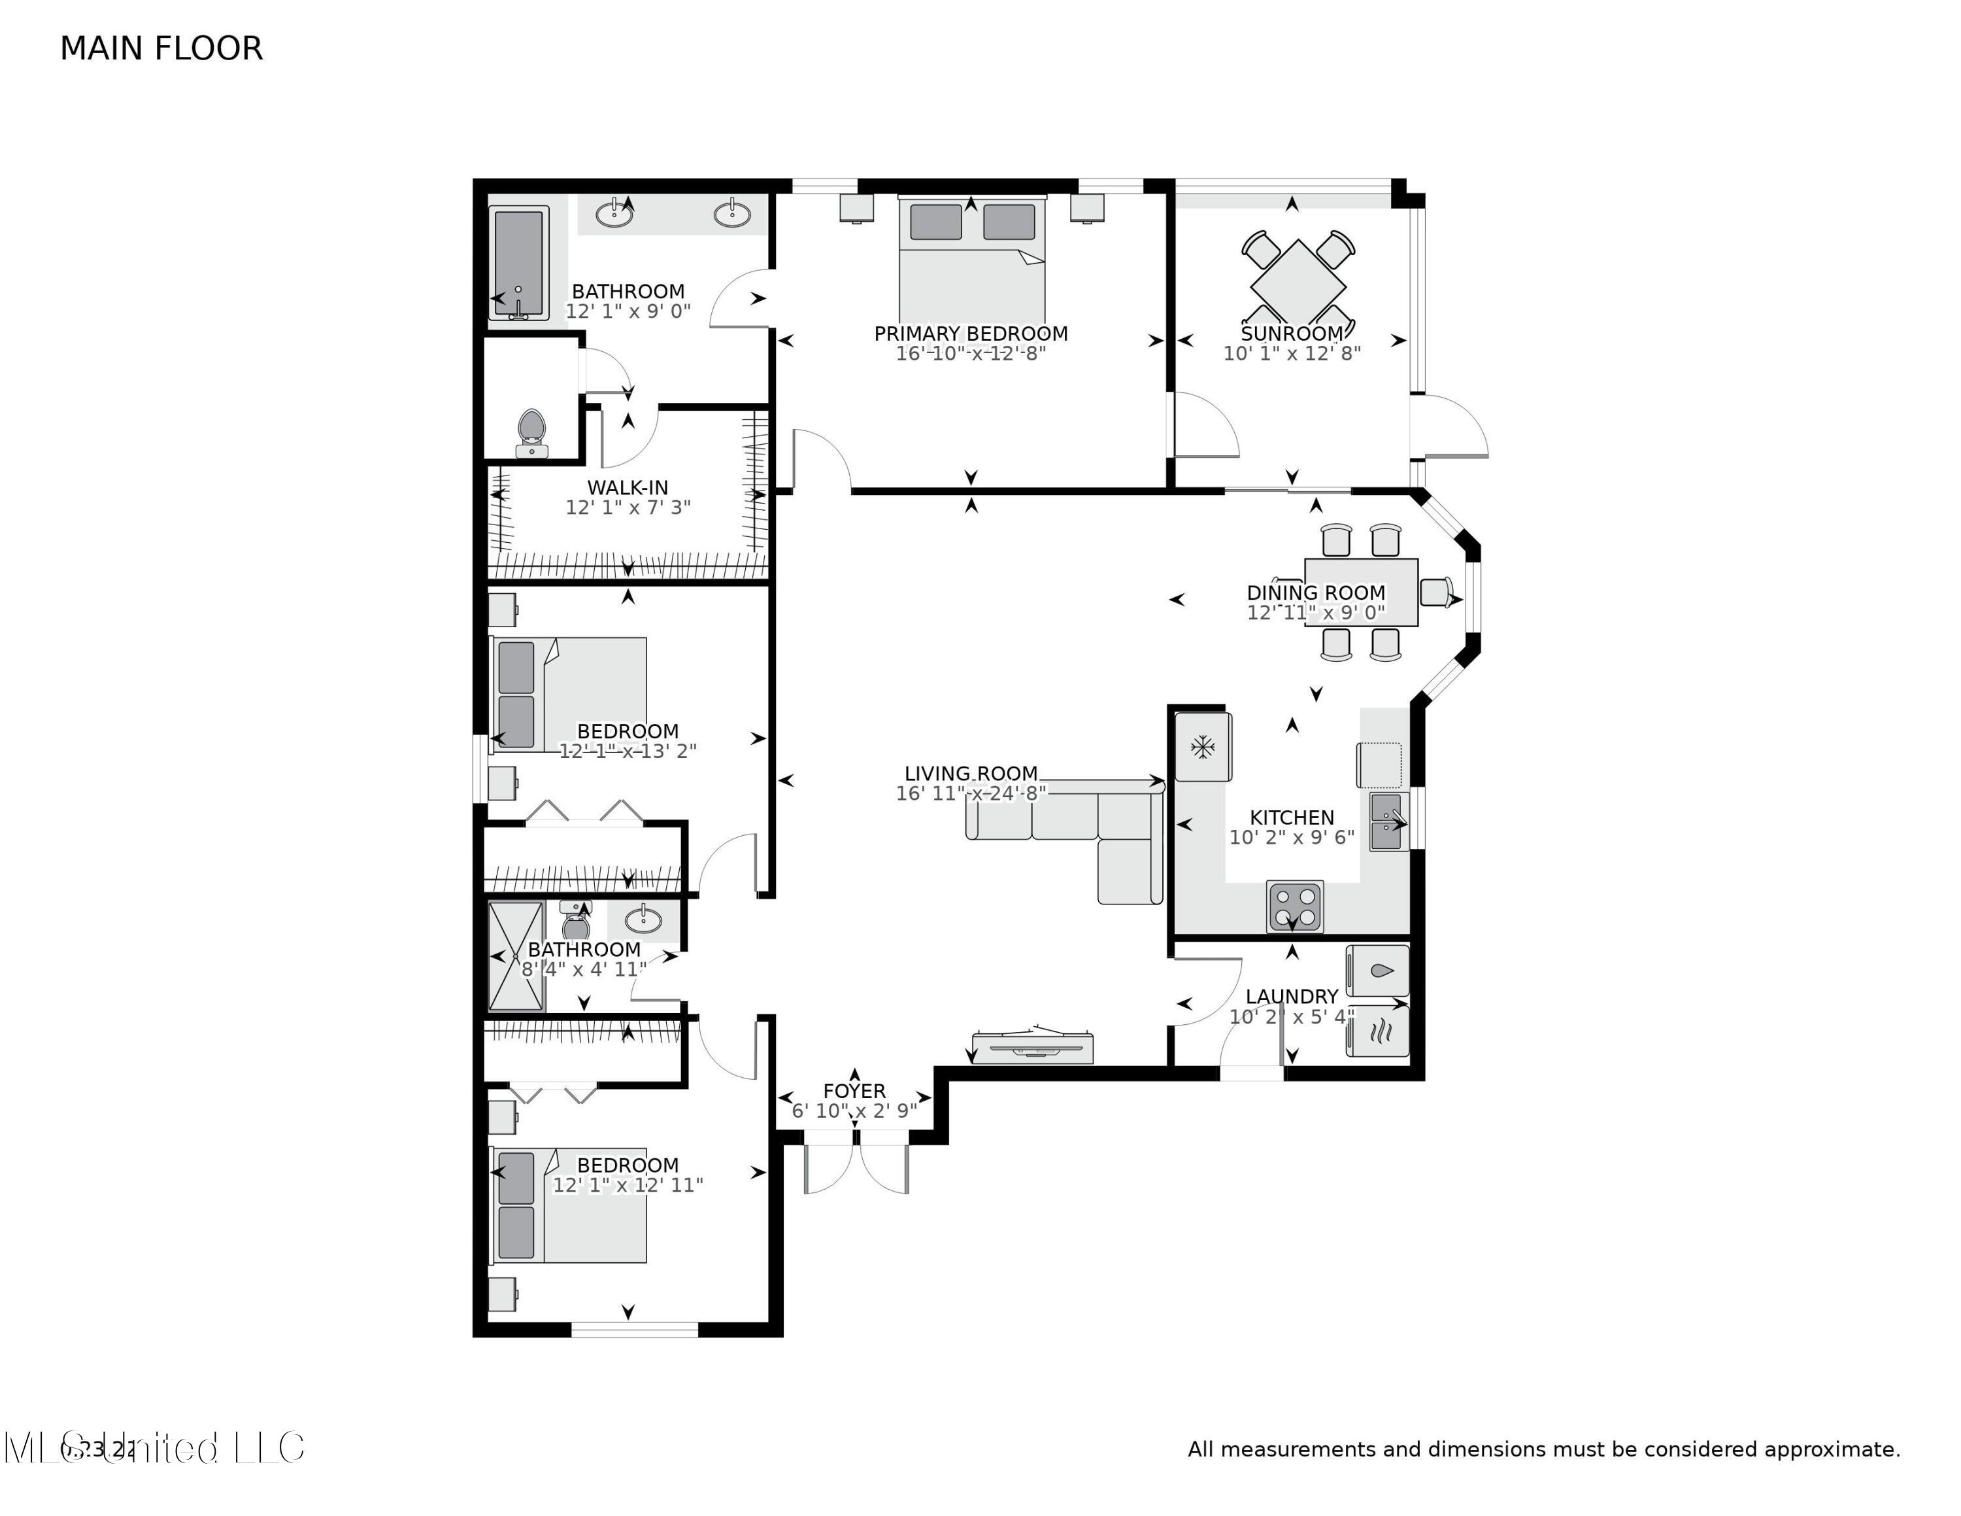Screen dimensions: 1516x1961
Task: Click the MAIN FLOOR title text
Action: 161,48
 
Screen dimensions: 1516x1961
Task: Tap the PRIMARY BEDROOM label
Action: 971,333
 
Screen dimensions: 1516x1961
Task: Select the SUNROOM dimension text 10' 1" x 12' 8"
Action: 1291,354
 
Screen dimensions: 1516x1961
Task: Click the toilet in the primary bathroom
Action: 531,433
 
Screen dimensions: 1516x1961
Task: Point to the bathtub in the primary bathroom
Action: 518,262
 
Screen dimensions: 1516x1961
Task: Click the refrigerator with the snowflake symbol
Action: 1202,746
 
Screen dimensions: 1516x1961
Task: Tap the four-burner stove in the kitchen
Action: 1294,907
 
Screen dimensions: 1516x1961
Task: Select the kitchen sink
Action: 1386,821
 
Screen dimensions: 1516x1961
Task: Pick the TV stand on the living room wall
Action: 1033,1048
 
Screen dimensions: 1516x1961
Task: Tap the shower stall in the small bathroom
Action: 515,956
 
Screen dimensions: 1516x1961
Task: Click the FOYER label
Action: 854,1090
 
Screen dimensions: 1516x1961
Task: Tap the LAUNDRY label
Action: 1291,996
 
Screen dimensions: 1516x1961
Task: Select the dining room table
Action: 1360,592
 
